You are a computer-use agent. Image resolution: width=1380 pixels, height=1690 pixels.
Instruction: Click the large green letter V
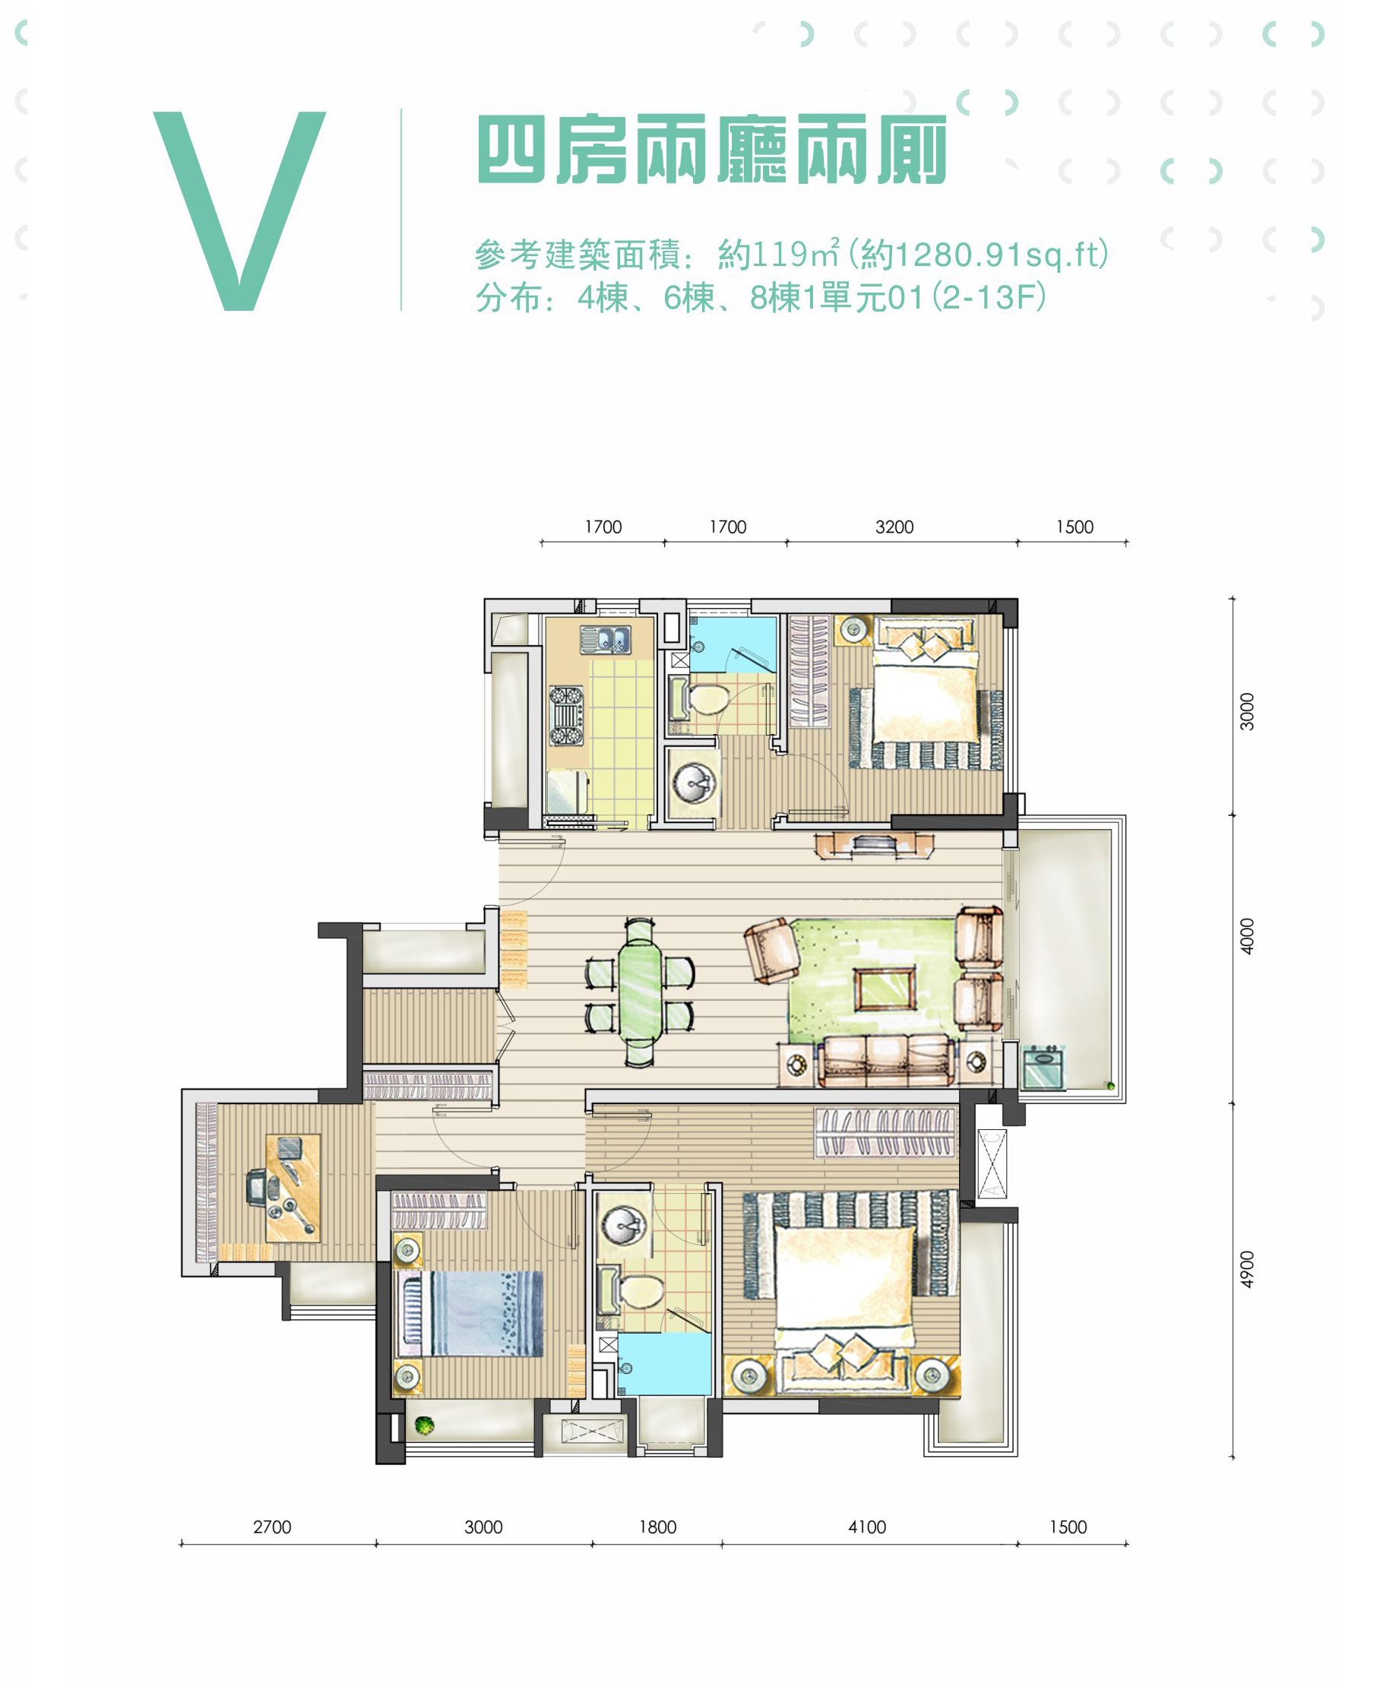[x=239, y=210]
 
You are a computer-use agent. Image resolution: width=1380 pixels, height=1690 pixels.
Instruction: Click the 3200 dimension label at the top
[x=894, y=527]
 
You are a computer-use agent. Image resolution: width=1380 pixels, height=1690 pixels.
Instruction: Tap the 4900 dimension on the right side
[x=1247, y=1270]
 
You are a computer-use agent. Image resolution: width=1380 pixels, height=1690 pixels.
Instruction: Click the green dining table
[x=639, y=990]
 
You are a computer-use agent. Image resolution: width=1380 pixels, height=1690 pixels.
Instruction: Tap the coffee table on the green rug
[x=885, y=988]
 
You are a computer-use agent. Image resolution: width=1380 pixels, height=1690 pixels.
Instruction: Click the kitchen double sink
[x=606, y=640]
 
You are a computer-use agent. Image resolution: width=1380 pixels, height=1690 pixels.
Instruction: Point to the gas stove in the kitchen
[x=566, y=715]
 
